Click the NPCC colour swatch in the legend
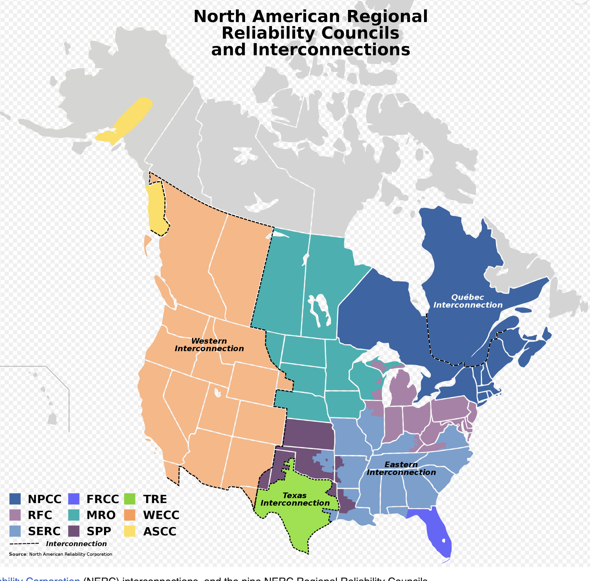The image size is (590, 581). coord(15,499)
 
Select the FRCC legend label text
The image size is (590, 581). coord(102,499)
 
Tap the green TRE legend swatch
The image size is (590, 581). coord(130,499)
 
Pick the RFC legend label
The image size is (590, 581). coord(40,515)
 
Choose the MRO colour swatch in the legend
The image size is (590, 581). coord(74,515)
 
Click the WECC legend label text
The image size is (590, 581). coord(161,515)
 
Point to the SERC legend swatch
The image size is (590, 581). coord(15,531)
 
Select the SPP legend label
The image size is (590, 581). coord(99,531)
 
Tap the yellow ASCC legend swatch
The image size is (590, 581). coord(130,531)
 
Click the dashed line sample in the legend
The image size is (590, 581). coord(24,544)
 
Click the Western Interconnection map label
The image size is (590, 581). coord(209,345)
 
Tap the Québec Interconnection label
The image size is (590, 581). coord(468,301)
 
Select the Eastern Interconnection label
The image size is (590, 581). coord(401,468)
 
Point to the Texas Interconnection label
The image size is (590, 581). coord(295,499)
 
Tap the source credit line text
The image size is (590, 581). coord(60,554)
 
